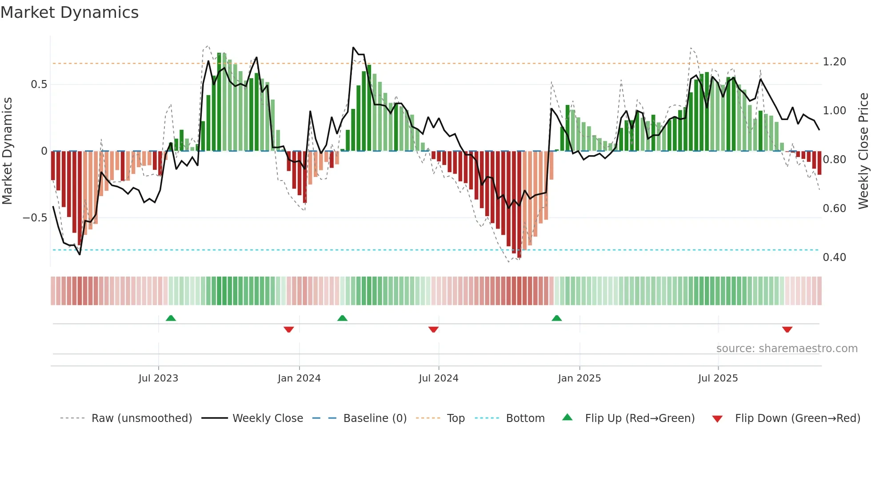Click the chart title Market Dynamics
point(69,12)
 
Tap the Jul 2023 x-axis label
point(158,378)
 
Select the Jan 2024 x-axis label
point(299,378)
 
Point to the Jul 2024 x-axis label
point(439,378)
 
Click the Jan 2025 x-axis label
point(579,378)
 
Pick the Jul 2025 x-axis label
point(718,378)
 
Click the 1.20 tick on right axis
point(834,62)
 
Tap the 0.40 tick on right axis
point(834,257)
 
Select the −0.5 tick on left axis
point(35,218)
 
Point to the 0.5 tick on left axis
point(39,84)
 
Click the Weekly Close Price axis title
point(863,151)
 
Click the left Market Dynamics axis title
point(7,151)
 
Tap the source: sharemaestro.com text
point(787,348)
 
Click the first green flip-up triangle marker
point(171,318)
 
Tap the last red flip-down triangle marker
point(787,329)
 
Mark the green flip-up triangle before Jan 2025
point(556,318)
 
